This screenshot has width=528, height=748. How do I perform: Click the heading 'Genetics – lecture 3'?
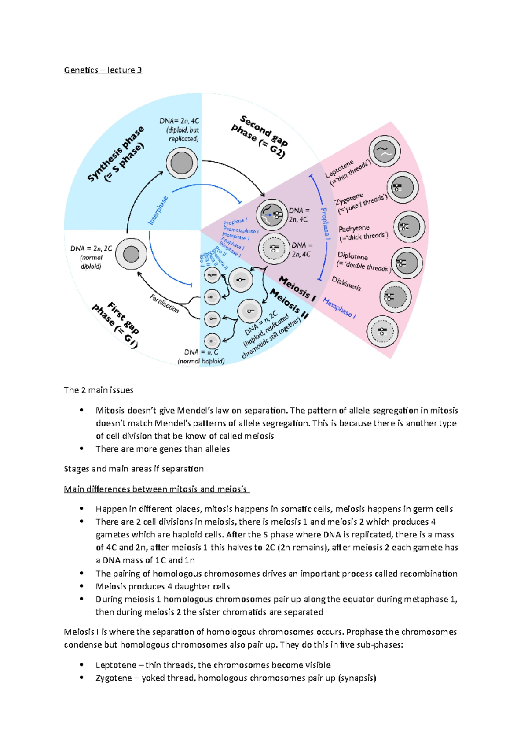pyautogui.click(x=103, y=70)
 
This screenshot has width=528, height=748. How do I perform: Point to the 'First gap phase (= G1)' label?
pyautogui.click(x=116, y=324)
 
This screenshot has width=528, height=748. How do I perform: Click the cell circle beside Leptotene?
pyautogui.click(x=385, y=152)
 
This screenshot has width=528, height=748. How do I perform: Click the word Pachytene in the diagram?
pyautogui.click(x=354, y=229)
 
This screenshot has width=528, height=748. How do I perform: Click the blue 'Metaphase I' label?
pyautogui.click(x=339, y=307)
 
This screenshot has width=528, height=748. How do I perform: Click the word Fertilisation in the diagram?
pyautogui.click(x=165, y=304)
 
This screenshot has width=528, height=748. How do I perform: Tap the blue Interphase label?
pyautogui.click(x=158, y=211)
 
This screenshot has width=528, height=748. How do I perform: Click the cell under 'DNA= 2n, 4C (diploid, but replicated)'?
pyautogui.click(x=182, y=163)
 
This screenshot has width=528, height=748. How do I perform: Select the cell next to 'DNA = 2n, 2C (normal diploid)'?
pyautogui.click(x=131, y=254)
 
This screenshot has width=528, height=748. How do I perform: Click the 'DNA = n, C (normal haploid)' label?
pyautogui.click(x=201, y=356)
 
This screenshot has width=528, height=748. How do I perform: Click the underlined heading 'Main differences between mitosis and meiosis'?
pyautogui.click(x=156, y=489)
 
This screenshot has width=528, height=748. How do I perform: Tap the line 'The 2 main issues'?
pyautogui.click(x=98, y=390)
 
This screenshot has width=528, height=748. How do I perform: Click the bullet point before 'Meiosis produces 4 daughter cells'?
pyautogui.click(x=81, y=586)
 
